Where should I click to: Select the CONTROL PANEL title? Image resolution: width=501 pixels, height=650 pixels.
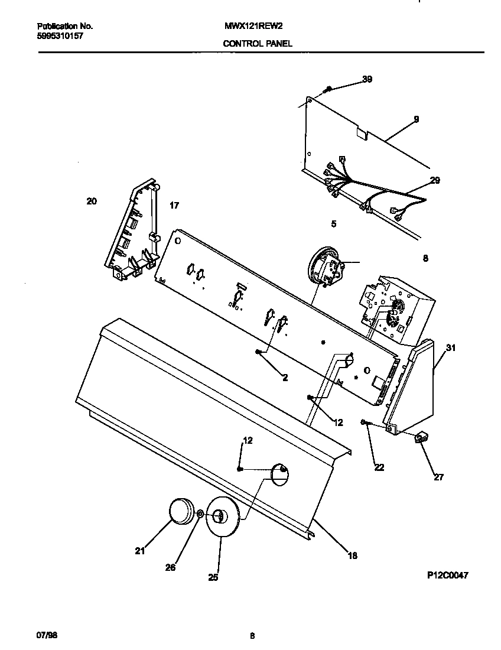point(257,43)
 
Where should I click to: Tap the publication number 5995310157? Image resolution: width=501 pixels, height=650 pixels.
point(59,35)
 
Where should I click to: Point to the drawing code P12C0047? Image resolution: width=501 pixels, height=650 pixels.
point(448,574)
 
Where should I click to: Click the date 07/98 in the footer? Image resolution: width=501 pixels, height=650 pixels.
point(47,636)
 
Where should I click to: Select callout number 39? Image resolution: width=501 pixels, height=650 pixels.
point(367,80)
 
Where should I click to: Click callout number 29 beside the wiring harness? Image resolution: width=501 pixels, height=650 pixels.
point(435,180)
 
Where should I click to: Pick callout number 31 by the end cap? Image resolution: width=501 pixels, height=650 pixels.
point(451,348)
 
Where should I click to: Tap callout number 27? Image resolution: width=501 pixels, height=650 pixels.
point(438,477)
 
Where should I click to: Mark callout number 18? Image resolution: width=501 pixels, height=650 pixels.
point(352,555)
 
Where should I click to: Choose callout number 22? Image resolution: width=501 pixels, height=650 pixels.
point(379,467)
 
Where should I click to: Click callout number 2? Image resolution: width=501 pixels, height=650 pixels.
point(285,378)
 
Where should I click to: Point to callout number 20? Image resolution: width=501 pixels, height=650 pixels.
point(92,201)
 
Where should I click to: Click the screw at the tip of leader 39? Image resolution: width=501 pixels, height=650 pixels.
point(327,89)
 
